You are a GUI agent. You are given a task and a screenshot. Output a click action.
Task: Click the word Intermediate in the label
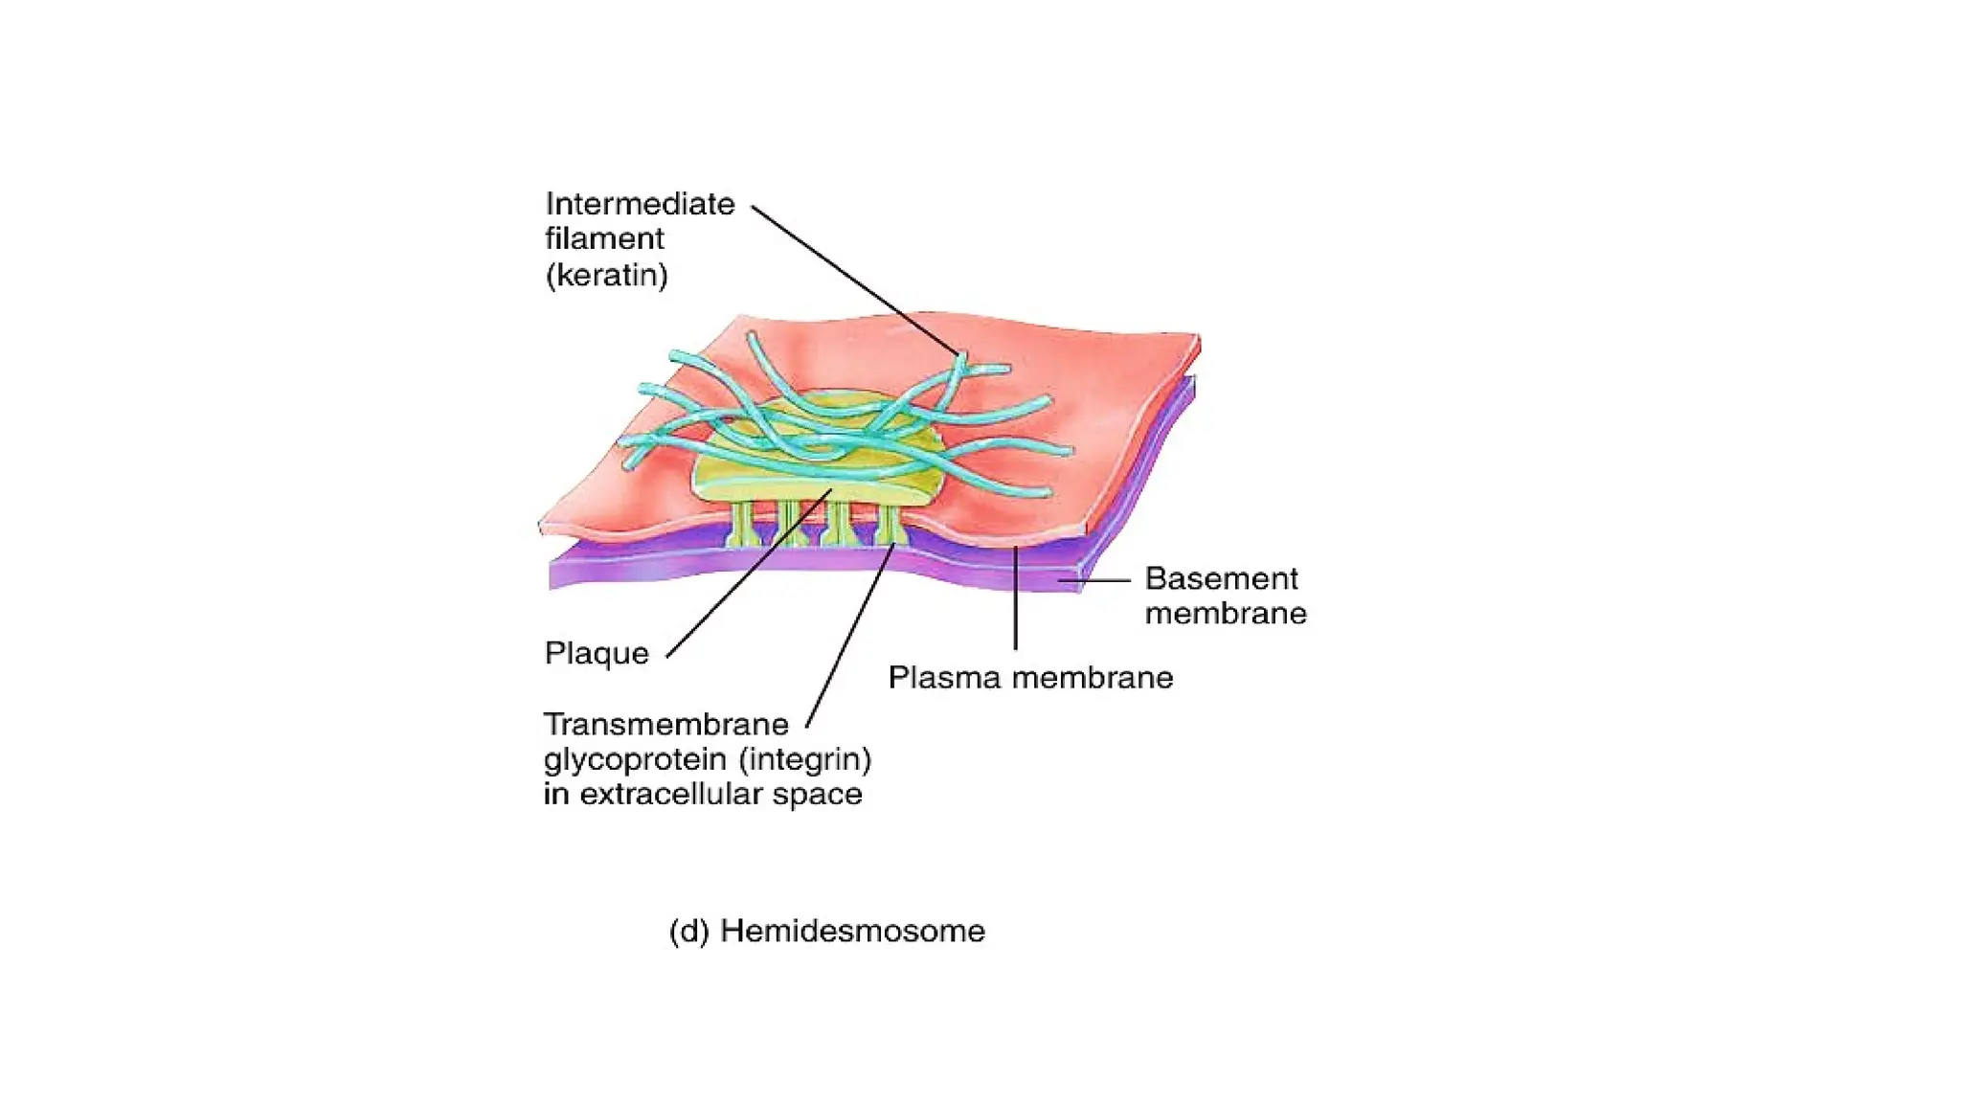click(640, 204)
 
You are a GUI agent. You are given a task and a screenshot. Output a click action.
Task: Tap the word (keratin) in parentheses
click(606, 276)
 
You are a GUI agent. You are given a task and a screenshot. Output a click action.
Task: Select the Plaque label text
click(597, 653)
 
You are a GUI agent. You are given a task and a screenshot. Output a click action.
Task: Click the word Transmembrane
click(665, 724)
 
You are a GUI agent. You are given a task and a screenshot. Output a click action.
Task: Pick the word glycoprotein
click(634, 760)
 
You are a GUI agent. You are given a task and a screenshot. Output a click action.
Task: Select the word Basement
click(1221, 578)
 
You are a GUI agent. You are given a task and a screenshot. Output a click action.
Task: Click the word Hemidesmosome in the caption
click(852, 931)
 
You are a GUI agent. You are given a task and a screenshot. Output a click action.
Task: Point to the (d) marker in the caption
click(688, 931)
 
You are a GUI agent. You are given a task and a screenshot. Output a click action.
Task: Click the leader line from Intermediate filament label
click(852, 278)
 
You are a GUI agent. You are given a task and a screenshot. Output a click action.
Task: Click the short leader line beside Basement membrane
click(1101, 580)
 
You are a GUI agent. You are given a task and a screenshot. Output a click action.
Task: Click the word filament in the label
click(604, 238)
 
